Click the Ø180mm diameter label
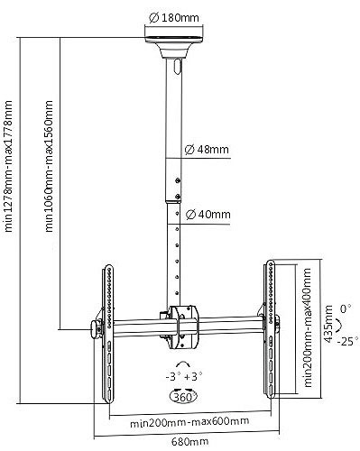pyautogui.click(x=174, y=18)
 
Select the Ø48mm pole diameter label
pyautogui.click(x=207, y=150)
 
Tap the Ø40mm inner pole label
pyautogui.click(x=208, y=215)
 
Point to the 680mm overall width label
pyautogui.click(x=189, y=442)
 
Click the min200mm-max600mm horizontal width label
pyautogui.click(x=189, y=421)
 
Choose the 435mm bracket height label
pyautogui.click(x=329, y=324)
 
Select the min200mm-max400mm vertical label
pyautogui.click(x=308, y=327)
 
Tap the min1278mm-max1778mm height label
pyautogui.click(x=8, y=166)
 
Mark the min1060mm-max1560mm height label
pyautogui.click(x=49, y=166)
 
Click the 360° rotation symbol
pyautogui.click(x=183, y=397)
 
